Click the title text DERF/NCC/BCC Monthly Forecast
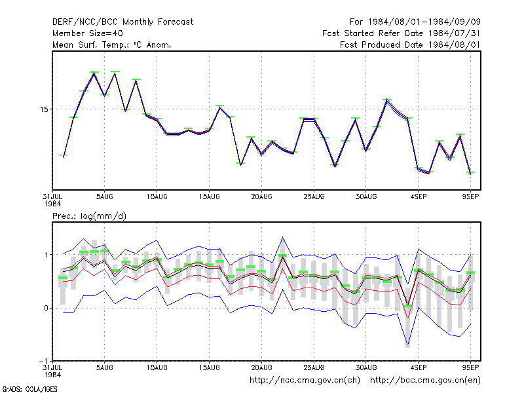[122, 22]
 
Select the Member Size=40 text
[88, 33]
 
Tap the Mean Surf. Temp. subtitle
[112, 45]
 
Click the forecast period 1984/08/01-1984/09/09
[415, 22]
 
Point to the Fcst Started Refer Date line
[402, 33]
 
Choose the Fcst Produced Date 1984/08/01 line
[410, 45]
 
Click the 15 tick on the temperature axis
[44, 109]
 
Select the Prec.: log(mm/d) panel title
[89, 216]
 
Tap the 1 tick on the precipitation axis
[46, 255]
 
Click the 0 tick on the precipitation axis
[46, 308]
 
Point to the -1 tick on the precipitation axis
[44, 362]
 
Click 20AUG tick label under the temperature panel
[261, 197]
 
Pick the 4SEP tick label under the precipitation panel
[419, 367]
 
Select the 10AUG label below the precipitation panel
[157, 367]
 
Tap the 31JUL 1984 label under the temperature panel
[52, 200]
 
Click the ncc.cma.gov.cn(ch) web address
[305, 381]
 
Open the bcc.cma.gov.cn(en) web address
[425, 381]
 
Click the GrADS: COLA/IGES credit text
[29, 389]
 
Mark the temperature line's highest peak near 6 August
[115, 72]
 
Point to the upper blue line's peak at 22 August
[282, 237]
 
